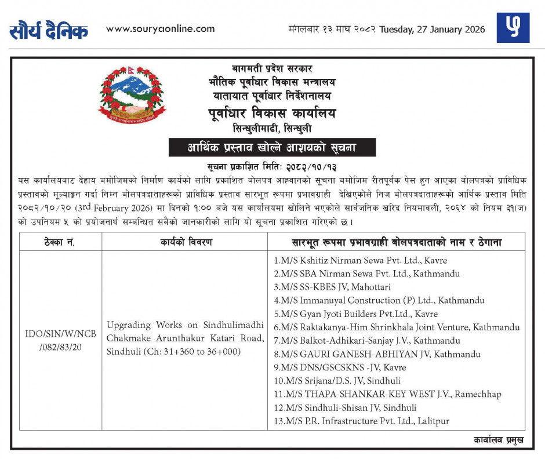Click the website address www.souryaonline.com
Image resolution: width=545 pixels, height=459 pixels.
click(x=161, y=28)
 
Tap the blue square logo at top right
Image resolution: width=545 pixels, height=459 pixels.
click(x=513, y=28)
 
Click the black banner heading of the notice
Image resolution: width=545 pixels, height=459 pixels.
click(x=272, y=148)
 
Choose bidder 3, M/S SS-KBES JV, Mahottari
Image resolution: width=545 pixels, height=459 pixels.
click(x=332, y=287)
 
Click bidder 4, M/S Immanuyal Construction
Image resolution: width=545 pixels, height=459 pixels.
click(x=379, y=300)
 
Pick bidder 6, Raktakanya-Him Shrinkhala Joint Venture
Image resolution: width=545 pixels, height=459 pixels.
click(x=397, y=327)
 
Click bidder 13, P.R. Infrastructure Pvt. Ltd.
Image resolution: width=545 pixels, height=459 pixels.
click(x=362, y=421)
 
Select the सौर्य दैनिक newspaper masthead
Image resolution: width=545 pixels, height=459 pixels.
click(x=49, y=31)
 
